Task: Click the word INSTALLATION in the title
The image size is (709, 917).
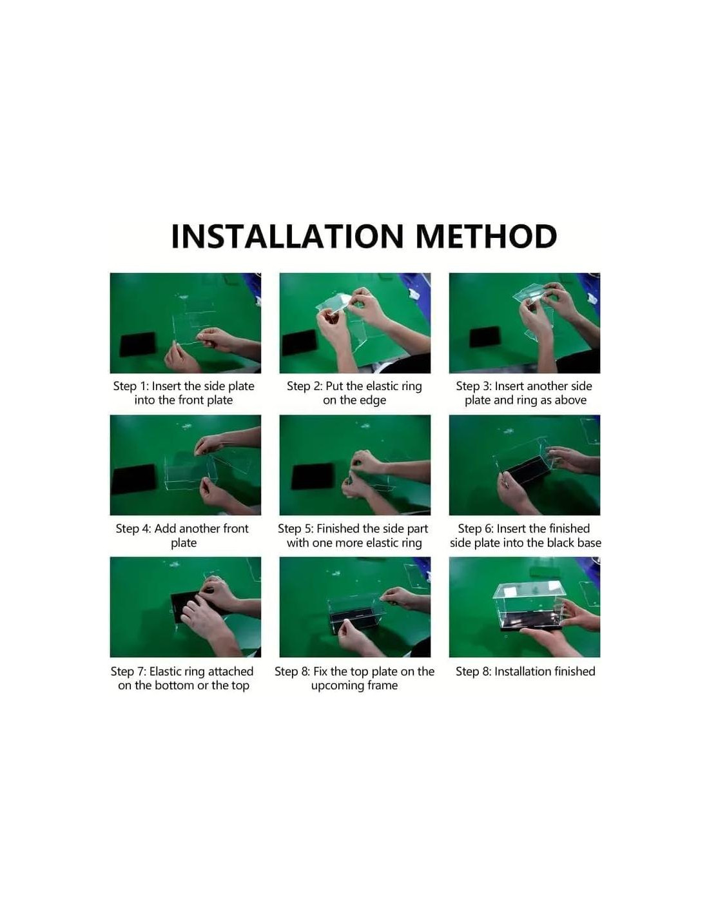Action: tap(287, 236)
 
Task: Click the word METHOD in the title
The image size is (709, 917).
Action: tap(486, 236)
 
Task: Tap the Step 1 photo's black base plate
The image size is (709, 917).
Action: tap(138, 344)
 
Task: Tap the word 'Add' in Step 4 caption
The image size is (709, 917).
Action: tap(164, 529)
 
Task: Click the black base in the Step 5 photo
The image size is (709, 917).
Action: tap(313, 477)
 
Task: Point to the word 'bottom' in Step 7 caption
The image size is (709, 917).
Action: tap(174, 685)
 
